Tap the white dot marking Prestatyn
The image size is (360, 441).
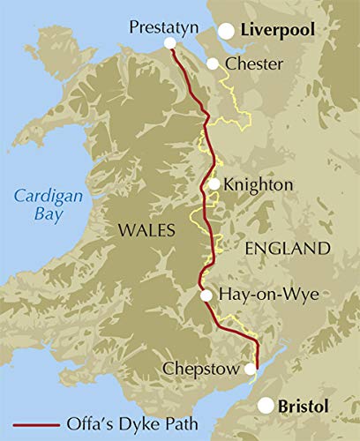click(169, 42)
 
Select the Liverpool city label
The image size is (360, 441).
click(280, 31)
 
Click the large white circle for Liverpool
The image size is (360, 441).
click(227, 32)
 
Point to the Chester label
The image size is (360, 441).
click(254, 64)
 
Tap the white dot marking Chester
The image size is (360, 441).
click(213, 64)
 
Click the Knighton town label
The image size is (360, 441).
click(259, 185)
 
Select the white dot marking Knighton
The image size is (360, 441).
click(214, 184)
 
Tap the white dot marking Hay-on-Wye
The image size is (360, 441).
click(206, 296)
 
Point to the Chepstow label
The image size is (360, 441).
click(201, 369)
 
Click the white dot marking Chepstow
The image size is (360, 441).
click(255, 370)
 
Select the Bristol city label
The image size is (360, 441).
click(303, 407)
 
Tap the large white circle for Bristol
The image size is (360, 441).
click(266, 406)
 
